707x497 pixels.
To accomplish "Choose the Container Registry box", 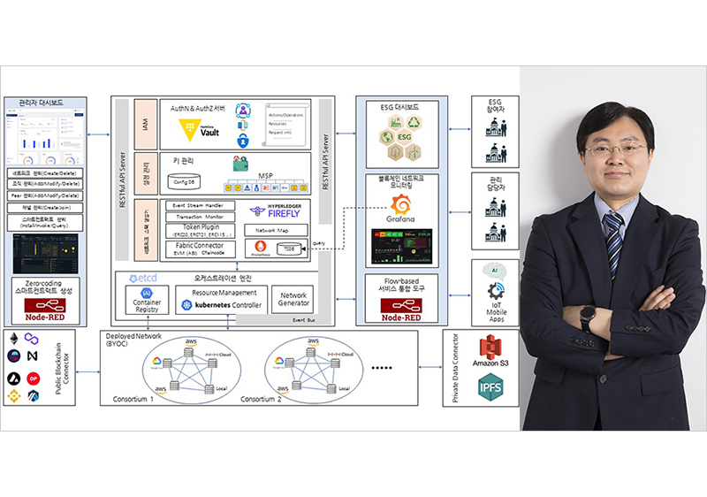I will tap(146, 299).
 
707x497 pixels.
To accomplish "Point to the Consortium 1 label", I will tap(133, 399).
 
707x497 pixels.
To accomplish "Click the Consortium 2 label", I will tap(263, 399).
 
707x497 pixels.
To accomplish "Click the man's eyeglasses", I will tap(615, 149).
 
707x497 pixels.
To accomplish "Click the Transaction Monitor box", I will tap(203, 217).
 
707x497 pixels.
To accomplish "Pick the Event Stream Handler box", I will tap(203, 205).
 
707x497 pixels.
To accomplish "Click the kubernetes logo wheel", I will tap(186, 305).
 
